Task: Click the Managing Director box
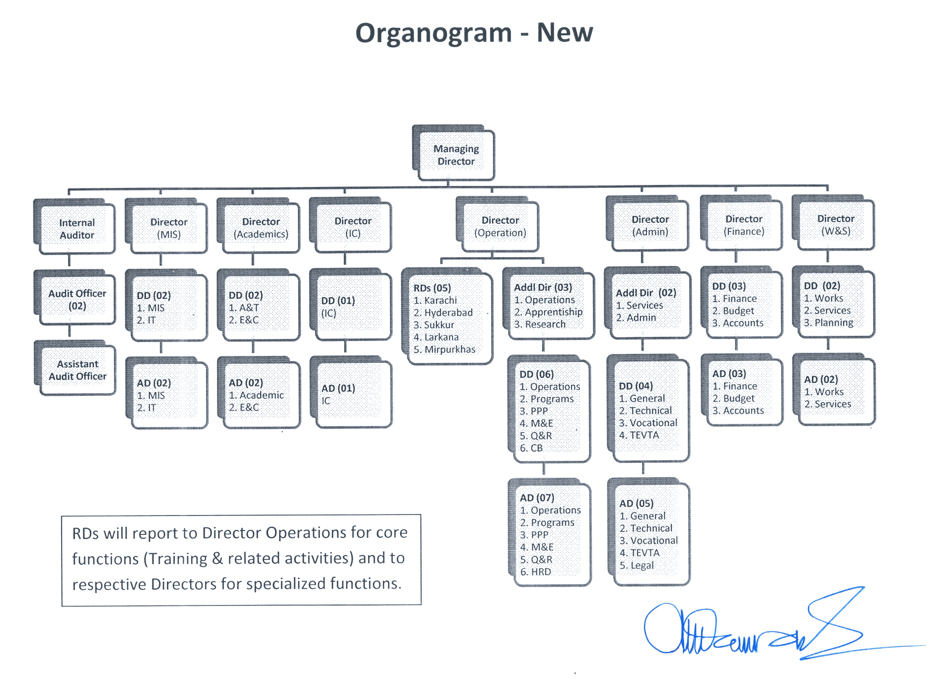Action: point(456,155)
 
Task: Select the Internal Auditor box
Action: point(77,229)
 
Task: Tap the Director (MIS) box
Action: point(169,228)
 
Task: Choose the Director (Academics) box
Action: point(261,228)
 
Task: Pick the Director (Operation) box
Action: point(500,226)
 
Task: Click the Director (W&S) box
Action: point(836,225)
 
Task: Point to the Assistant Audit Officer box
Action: point(77,370)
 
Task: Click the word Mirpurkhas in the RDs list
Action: point(450,349)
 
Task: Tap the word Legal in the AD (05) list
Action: point(642,565)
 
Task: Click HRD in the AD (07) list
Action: point(541,572)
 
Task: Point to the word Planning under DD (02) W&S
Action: point(834,323)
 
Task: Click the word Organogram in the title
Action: point(433,33)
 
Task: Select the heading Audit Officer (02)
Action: point(77,299)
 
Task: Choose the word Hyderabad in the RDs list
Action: point(448,313)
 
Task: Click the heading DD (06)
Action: point(536,374)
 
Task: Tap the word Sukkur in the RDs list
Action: point(439,325)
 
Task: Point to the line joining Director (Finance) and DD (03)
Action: point(736,257)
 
